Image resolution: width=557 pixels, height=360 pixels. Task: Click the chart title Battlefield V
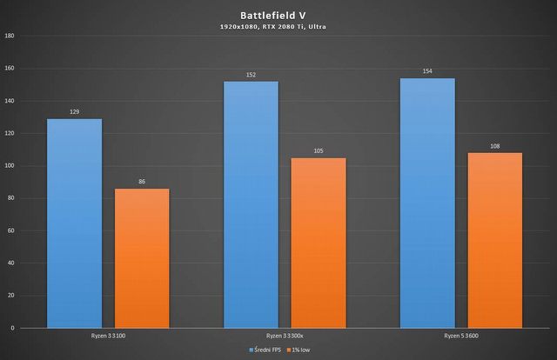[278, 15]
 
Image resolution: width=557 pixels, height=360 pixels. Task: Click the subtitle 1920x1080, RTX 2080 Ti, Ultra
[278, 27]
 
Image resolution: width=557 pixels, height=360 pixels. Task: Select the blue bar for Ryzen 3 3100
[74, 223]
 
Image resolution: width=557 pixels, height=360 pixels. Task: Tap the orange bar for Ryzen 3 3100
[142, 258]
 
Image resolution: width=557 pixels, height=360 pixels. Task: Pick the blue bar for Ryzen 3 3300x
[251, 204]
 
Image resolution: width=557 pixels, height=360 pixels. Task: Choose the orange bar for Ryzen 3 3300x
[319, 243]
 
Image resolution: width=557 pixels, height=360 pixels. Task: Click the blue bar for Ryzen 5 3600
[427, 203]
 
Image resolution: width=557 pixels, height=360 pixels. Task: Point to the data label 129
[74, 112]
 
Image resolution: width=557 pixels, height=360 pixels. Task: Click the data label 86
[142, 182]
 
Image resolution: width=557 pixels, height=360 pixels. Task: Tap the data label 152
[251, 75]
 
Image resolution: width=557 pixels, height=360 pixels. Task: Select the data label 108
[495, 146]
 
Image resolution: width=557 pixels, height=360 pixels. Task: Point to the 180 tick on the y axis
[10, 36]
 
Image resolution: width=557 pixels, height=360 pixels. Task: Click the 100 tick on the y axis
[10, 165]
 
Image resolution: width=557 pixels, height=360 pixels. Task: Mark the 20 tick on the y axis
[11, 296]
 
